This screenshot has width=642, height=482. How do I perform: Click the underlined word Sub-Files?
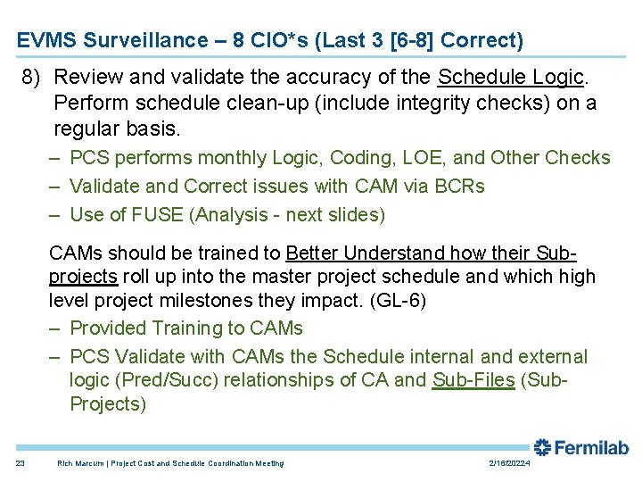(x=473, y=380)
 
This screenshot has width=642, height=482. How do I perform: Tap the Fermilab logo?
(x=581, y=447)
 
